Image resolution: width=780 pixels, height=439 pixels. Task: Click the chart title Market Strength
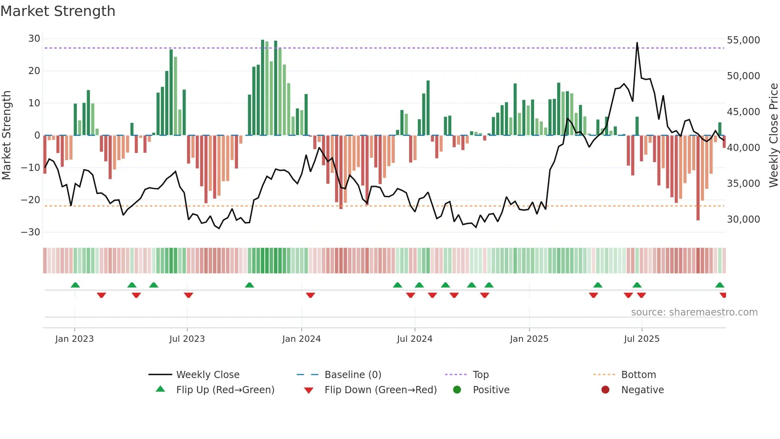pyautogui.click(x=58, y=11)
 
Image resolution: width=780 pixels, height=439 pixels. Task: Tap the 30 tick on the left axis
pyautogui.click(x=34, y=39)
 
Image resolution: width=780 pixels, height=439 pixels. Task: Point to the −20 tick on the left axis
pyautogui.click(x=31, y=200)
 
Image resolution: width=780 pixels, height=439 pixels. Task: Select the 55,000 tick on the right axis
pyautogui.click(x=743, y=40)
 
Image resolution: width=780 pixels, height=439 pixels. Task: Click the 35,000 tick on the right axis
pyautogui.click(x=743, y=184)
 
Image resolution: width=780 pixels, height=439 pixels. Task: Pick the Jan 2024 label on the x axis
pyautogui.click(x=301, y=339)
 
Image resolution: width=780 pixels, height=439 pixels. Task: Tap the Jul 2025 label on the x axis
pyautogui.click(x=642, y=339)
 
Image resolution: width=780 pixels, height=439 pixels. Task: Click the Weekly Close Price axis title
pyautogui.click(x=773, y=135)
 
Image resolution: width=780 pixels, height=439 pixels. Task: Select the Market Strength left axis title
pyautogui.click(x=6, y=135)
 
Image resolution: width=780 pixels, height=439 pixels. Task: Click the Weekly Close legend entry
pyautogui.click(x=208, y=375)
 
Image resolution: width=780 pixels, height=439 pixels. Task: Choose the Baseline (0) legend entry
pyautogui.click(x=353, y=375)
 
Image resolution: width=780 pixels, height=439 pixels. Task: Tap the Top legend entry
pyautogui.click(x=480, y=375)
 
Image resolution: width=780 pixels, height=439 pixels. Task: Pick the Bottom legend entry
pyautogui.click(x=638, y=375)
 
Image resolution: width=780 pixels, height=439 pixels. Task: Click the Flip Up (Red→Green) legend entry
pyautogui.click(x=225, y=390)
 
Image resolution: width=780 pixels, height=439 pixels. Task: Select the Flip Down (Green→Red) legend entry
pyautogui.click(x=380, y=390)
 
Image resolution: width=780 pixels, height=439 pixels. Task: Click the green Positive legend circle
pyautogui.click(x=457, y=390)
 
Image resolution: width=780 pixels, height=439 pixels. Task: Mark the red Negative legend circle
pyautogui.click(x=605, y=390)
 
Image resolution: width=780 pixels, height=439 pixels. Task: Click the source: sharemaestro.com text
pyautogui.click(x=694, y=312)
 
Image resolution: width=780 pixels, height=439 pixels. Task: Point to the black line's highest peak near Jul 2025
pyautogui.click(x=637, y=43)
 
